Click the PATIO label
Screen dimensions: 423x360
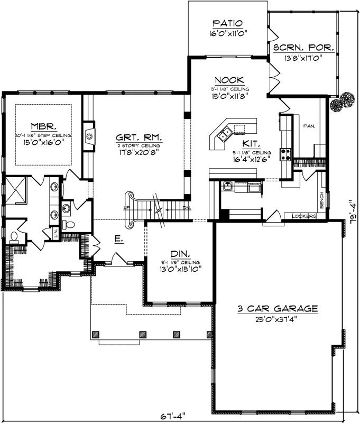227,23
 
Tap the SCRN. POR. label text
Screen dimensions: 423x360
303,48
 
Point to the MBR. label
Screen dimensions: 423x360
43,126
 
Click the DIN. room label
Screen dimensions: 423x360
180,253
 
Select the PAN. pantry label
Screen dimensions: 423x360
309,127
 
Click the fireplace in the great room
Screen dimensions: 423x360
89,136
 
